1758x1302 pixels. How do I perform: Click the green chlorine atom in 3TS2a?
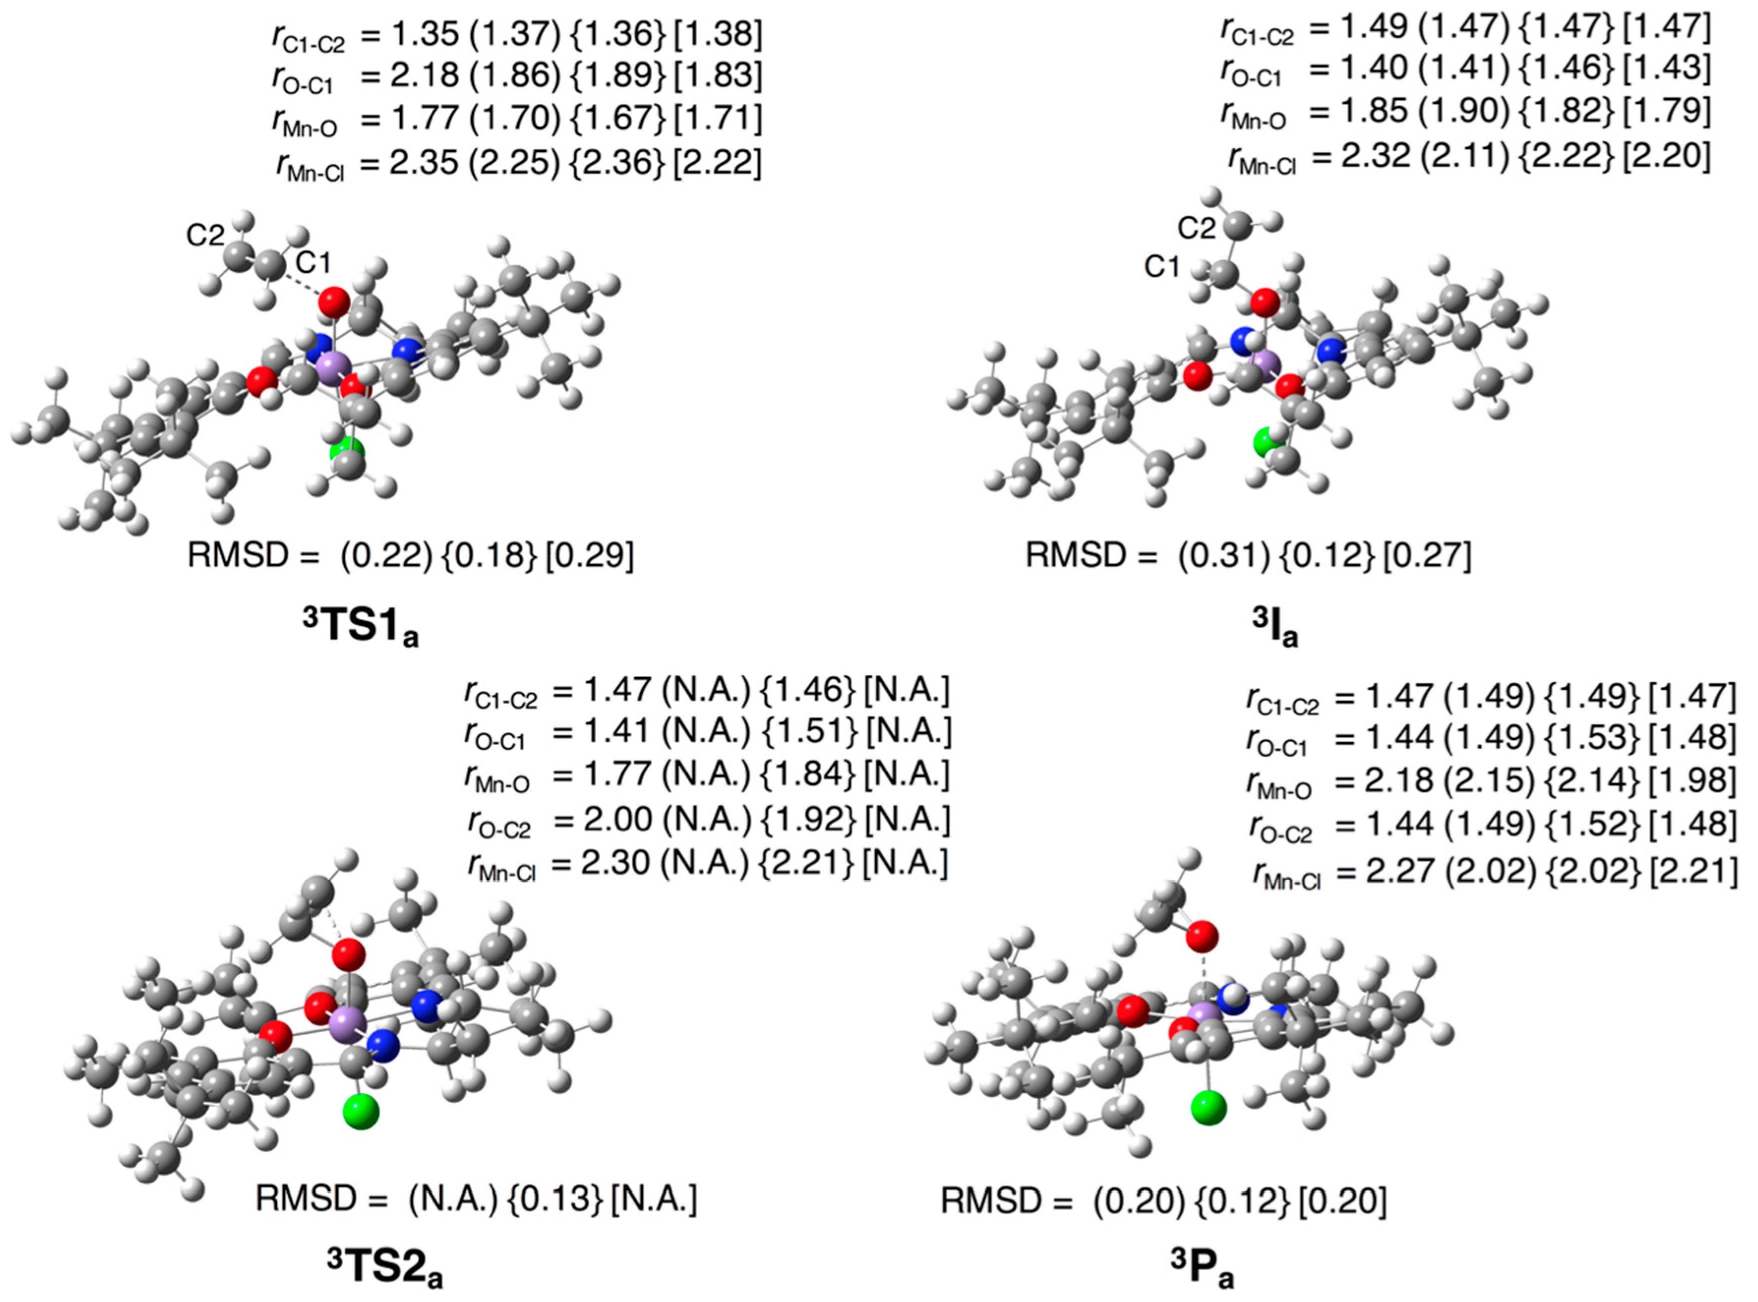coord(361,1112)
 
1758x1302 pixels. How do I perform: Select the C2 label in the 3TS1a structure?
coord(205,235)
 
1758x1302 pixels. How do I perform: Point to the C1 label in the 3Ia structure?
coord(1162,267)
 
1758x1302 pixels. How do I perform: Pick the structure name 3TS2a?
coord(385,1269)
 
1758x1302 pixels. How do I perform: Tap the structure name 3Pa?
coord(1202,1269)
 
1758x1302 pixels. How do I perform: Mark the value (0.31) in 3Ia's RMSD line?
coord(1224,556)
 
